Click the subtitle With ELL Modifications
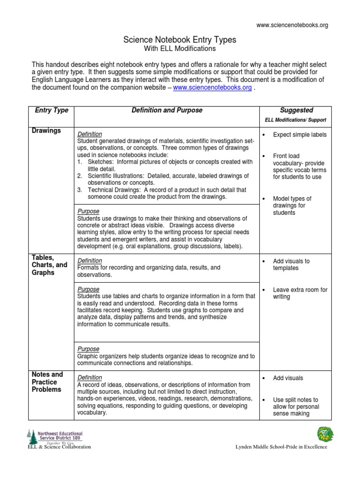pyautogui.click(x=180, y=49)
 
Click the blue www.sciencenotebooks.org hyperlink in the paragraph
pyautogui.click(x=212, y=88)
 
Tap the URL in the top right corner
pyautogui.click(x=292, y=25)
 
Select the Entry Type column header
pyautogui.click(x=52, y=110)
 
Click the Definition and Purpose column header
pyautogui.click(x=167, y=110)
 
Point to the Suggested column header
pyautogui.click(x=296, y=110)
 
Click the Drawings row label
pyautogui.click(x=46, y=131)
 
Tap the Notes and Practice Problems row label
pyautogui.click(x=47, y=382)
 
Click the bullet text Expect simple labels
pyautogui.click(x=300, y=135)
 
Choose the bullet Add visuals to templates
pyautogui.click(x=291, y=264)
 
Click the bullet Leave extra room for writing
pyautogui.click(x=300, y=293)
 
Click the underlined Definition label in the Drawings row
pyautogui.click(x=90, y=134)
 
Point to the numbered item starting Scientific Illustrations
pyautogui.click(x=162, y=179)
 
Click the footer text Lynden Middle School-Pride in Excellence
pyautogui.click(x=281, y=447)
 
